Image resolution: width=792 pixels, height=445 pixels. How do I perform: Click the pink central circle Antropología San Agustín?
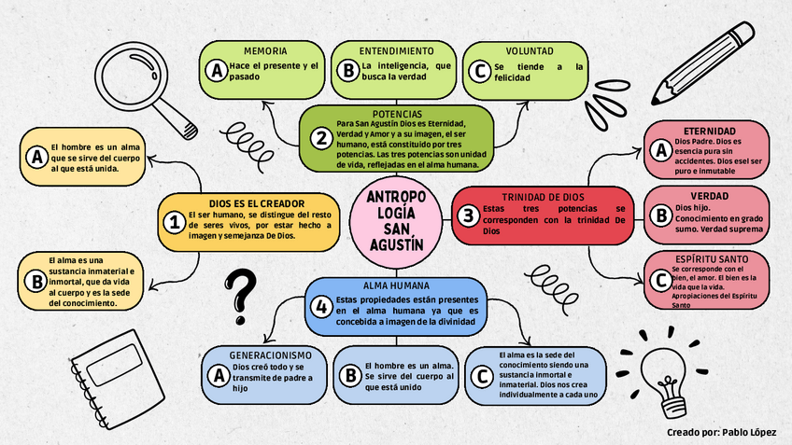396,222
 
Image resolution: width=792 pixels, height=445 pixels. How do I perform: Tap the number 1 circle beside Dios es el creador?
175,222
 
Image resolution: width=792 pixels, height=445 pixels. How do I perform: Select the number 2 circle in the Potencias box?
321,139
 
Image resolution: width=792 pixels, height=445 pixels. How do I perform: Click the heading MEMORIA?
265,50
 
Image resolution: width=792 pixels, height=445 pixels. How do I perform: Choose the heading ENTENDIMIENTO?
396,50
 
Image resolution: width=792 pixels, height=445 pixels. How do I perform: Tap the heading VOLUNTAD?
530,50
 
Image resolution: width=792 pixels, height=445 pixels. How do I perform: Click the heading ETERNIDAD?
710,131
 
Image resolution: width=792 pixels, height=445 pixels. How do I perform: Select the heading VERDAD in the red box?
710,196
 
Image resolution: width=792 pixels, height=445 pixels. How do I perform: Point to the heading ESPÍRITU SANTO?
710,258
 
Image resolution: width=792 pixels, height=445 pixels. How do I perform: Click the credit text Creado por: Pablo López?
722,433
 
